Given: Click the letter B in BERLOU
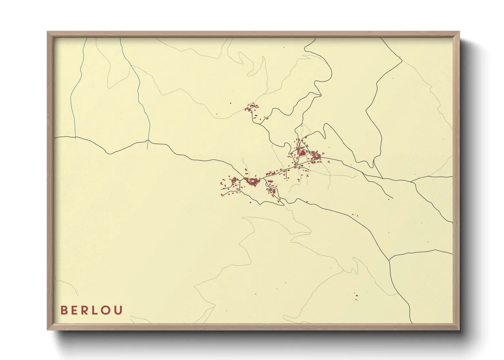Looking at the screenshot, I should [64, 310].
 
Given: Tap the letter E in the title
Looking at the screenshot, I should [75, 310].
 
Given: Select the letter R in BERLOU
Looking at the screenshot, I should [86, 310].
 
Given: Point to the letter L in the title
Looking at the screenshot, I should [96, 310].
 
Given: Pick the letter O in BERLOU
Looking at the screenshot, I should [107, 310].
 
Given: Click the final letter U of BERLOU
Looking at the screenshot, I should [119, 310].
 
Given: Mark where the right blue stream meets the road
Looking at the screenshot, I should [147, 140].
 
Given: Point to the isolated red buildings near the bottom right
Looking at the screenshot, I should [356, 297].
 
